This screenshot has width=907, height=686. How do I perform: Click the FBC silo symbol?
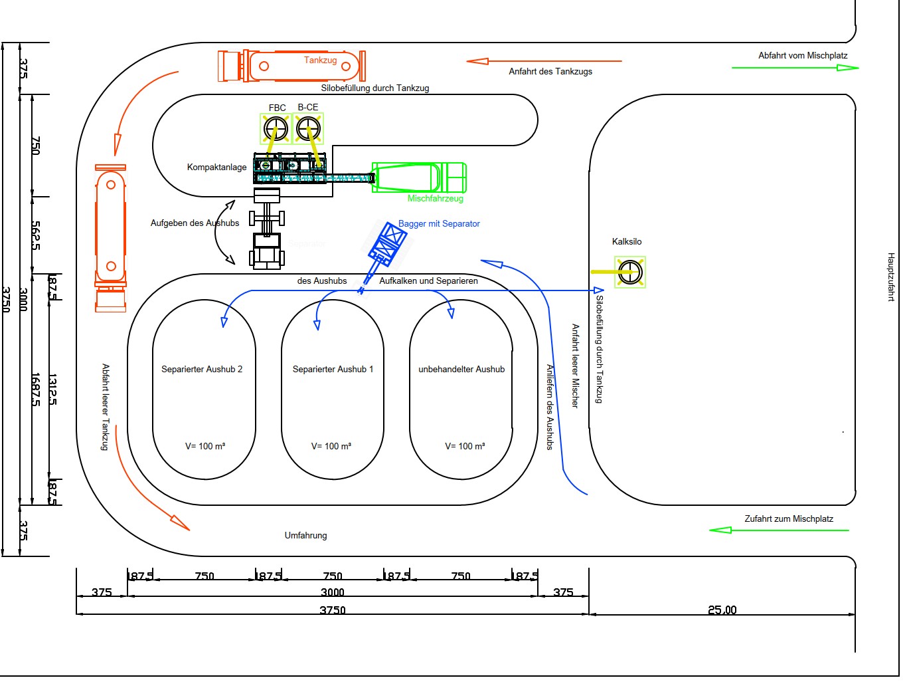(x=275, y=128)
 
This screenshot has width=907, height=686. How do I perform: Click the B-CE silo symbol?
(x=308, y=128)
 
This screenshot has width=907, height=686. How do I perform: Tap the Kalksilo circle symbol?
(x=629, y=272)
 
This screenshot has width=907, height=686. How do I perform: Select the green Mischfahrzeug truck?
(x=418, y=177)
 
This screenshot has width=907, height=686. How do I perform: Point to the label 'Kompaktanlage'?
(x=216, y=168)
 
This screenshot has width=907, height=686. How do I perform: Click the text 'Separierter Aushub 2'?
(x=202, y=370)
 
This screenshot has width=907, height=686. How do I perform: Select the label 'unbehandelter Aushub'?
(x=461, y=370)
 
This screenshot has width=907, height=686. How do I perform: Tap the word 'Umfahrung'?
(x=305, y=536)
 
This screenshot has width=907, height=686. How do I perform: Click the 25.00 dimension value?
(x=722, y=610)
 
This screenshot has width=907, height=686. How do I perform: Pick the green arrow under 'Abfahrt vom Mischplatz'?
(x=795, y=68)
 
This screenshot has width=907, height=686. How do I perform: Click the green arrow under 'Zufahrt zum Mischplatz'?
(x=779, y=530)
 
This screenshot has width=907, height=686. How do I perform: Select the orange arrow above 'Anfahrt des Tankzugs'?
(x=544, y=61)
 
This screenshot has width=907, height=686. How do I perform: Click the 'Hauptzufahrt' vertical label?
(x=891, y=277)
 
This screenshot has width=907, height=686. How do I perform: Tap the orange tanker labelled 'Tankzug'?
(x=292, y=66)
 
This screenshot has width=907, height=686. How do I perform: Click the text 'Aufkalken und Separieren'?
(x=428, y=281)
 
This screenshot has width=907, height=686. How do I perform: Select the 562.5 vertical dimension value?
(x=36, y=236)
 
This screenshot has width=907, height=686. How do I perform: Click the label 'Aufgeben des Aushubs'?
(x=195, y=223)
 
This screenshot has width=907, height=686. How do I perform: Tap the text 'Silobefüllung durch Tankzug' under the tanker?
(x=375, y=88)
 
